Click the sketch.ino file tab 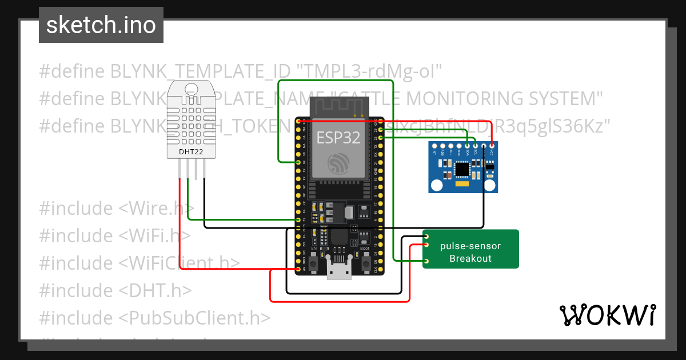click(101, 25)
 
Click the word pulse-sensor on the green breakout click(470, 246)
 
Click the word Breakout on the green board click(470, 258)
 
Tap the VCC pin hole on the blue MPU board click(492, 147)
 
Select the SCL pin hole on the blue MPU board click(475, 147)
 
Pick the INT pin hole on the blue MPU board click(434, 147)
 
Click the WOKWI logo click(607, 315)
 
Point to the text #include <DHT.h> click(115, 290)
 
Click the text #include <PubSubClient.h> click(154, 317)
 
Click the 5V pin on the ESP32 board click(298, 269)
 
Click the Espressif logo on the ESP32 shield click(338, 163)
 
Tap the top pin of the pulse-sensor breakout click(426, 235)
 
